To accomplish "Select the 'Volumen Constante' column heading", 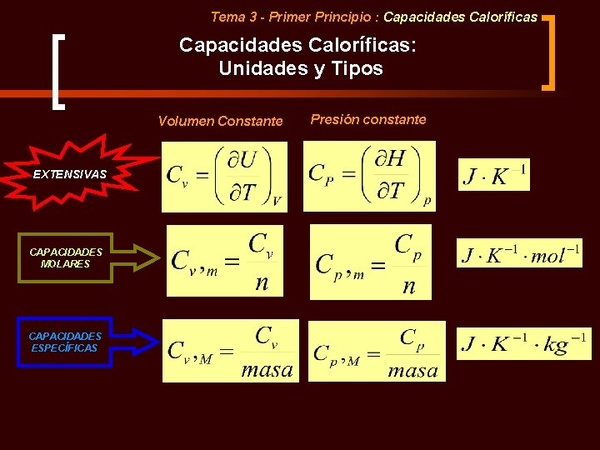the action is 220,121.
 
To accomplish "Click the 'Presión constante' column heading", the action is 367,119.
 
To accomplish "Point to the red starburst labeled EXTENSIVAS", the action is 70,173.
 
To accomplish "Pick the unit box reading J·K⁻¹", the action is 493,175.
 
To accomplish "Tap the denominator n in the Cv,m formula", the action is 262,282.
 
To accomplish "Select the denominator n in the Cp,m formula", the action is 408,286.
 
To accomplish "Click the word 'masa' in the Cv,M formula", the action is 267,369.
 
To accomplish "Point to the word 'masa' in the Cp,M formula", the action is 412,370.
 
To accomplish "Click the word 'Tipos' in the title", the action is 358,68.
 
